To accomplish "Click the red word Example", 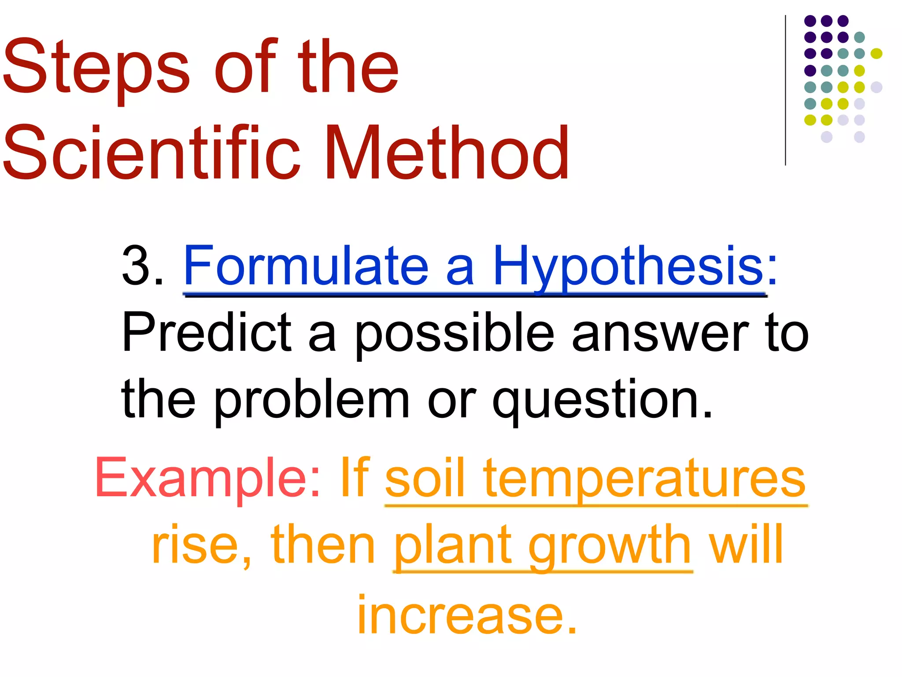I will tap(207, 478).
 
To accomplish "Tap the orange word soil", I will tap(425, 478).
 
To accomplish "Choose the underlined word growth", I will tap(610, 547).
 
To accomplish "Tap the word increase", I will tap(467, 615).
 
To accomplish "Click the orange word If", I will tap(355, 478).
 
